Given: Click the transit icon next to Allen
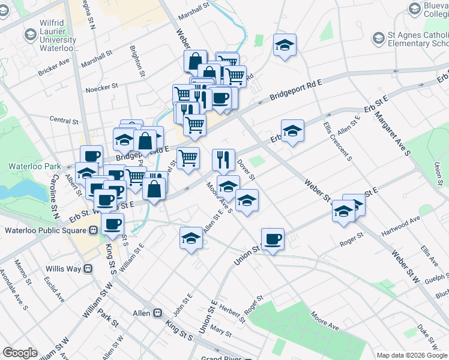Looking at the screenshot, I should point(158,313).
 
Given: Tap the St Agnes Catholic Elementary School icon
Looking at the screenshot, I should point(379,40).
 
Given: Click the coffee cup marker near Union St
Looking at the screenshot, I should point(273,238).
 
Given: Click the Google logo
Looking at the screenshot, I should point(20,353).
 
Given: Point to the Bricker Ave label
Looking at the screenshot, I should point(54,67).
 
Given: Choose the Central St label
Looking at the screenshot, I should point(64,121).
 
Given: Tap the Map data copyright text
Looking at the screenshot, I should point(403,355).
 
